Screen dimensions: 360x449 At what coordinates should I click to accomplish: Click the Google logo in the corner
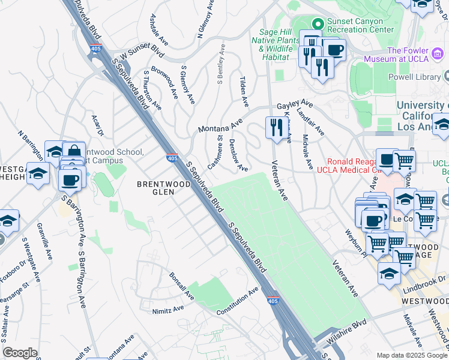tap(20, 352)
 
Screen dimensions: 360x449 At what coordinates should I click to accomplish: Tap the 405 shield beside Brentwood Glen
tap(172, 158)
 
